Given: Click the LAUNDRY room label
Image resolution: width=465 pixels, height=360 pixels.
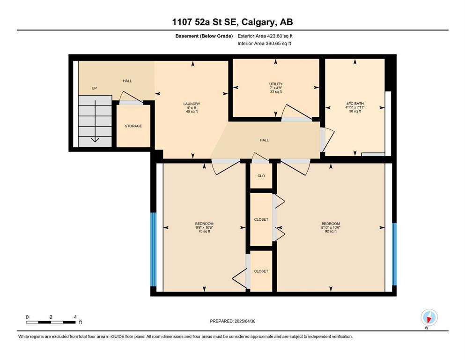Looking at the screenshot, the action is [x=192, y=104].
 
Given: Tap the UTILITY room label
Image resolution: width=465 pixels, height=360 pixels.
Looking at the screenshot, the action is [x=276, y=84].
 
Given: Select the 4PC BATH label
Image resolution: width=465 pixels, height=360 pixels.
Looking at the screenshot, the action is [x=355, y=104].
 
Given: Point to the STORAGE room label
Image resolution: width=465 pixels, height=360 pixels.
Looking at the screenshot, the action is [x=133, y=126].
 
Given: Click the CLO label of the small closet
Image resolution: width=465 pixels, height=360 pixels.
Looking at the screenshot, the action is [x=261, y=176].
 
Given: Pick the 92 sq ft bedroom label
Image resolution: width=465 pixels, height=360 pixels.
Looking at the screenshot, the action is [x=331, y=227].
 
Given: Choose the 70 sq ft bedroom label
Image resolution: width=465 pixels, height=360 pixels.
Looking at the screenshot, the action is [x=204, y=227].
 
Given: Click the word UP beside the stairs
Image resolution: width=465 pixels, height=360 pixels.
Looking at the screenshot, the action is [x=94, y=88].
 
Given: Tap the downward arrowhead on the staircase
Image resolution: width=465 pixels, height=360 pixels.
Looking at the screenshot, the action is [x=95, y=140].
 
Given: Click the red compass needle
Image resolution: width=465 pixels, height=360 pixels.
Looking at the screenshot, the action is [x=428, y=319].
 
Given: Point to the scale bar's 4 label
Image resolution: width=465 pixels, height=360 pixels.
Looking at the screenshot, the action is [x=75, y=317].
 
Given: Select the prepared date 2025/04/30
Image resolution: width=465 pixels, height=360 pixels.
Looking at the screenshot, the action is [x=245, y=321].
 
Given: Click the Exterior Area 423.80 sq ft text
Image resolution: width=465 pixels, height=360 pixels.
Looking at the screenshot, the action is [x=265, y=36].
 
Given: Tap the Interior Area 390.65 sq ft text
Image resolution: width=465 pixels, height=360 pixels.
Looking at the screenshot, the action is [x=264, y=43].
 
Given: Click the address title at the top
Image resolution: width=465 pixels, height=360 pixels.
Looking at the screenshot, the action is [x=232, y=22].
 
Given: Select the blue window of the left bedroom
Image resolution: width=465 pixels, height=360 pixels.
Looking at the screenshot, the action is [x=153, y=249].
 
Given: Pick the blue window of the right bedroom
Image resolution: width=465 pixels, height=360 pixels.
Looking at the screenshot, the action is [x=394, y=254].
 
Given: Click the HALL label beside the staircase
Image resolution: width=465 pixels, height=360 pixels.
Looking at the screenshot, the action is [x=127, y=81].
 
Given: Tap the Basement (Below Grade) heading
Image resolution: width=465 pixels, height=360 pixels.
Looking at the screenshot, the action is [x=204, y=36].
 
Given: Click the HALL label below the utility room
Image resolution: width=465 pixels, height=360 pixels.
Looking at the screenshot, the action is [x=264, y=140].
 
